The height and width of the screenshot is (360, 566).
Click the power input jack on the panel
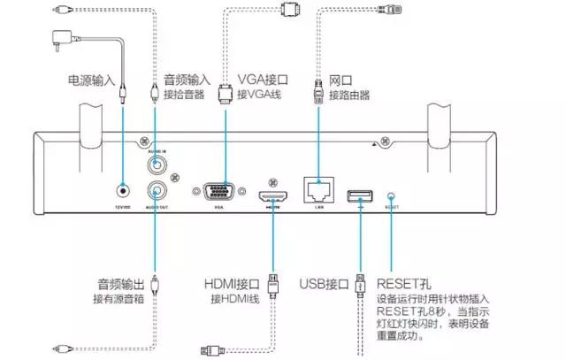click(x=122, y=189)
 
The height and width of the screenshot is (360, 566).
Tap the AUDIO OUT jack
click(x=157, y=189)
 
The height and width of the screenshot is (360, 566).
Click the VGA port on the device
click(x=218, y=193)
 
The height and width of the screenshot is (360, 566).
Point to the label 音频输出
click(x=121, y=284)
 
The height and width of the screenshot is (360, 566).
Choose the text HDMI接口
click(x=233, y=284)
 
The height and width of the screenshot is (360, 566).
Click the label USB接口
click(x=325, y=284)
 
